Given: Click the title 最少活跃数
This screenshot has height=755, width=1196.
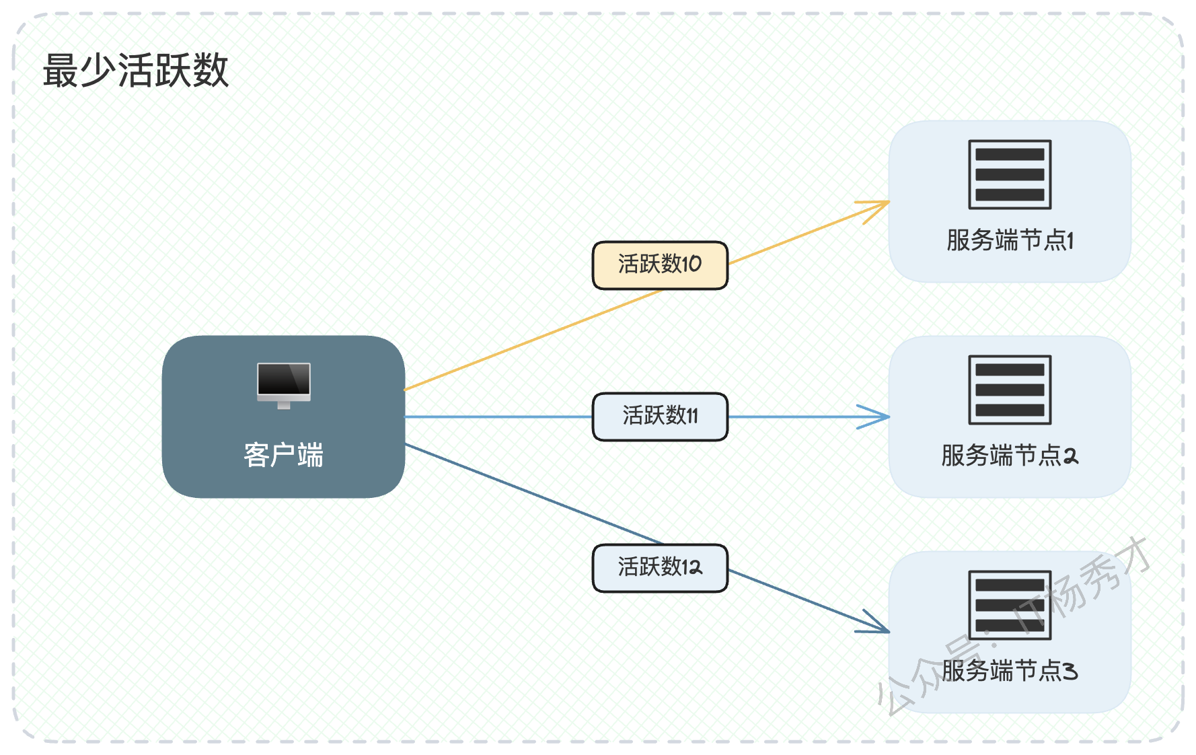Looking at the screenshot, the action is click(x=136, y=71).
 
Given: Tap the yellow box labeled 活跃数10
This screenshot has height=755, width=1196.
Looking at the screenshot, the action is click(x=660, y=265).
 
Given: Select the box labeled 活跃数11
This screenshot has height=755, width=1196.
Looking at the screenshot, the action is click(x=660, y=417).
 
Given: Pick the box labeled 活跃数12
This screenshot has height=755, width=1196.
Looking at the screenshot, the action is click(x=660, y=568).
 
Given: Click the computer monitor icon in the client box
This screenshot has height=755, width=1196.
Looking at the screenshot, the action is click(x=284, y=386).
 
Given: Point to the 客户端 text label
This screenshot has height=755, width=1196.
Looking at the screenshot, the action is click(x=284, y=456).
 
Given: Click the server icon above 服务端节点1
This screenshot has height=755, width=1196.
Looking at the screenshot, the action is click(x=1010, y=174).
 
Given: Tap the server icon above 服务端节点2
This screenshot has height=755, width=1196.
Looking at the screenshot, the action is click(x=1010, y=390).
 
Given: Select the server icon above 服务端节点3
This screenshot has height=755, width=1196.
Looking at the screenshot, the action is click(x=1010, y=605).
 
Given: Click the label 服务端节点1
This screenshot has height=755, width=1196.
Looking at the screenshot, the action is click(x=1010, y=240).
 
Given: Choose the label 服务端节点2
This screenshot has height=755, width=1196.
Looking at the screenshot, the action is click(x=1010, y=456).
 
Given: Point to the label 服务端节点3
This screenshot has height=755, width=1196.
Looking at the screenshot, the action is click(x=1010, y=671).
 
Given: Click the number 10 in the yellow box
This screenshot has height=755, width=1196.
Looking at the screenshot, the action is click(x=692, y=264).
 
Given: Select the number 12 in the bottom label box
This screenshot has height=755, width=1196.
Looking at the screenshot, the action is click(x=692, y=567).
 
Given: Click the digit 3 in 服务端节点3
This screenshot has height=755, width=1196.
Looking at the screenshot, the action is click(x=1070, y=671).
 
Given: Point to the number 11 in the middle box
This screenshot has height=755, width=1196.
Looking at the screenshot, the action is click(x=691, y=415).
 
